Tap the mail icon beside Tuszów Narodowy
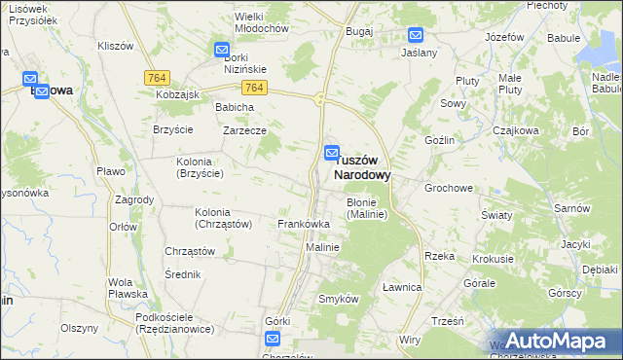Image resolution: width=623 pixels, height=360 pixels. [331, 154]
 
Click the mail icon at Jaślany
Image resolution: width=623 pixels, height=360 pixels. [416, 35]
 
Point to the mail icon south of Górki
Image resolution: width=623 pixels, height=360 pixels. [272, 339]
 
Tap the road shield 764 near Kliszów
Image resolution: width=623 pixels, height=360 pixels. [156, 77]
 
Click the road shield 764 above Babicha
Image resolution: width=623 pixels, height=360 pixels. [254, 88]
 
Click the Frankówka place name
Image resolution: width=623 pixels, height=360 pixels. [304, 224]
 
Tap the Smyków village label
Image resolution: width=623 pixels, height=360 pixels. [340, 299]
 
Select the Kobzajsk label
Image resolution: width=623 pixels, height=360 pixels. [177, 94]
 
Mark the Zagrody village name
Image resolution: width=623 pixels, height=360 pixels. [134, 199]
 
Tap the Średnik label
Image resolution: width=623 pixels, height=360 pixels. [182, 274]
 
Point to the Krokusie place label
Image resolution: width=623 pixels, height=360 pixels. [493, 260]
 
